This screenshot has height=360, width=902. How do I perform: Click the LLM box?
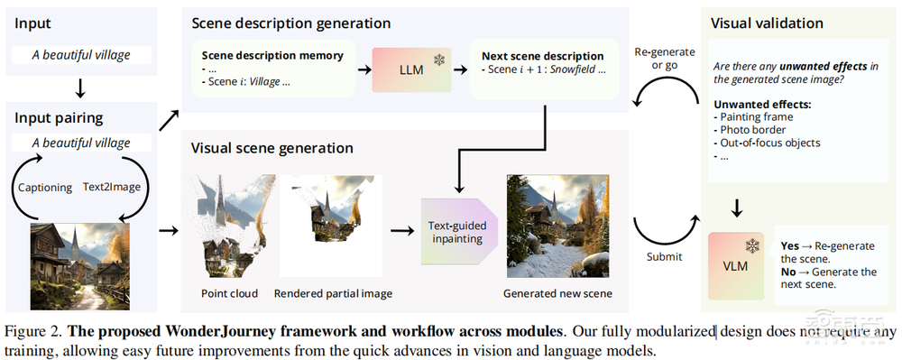click(x=411, y=70)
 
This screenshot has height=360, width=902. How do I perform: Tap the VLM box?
click(x=736, y=265)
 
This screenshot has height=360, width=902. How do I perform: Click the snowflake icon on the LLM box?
click(x=439, y=60)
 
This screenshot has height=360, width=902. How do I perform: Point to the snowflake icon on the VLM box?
click(x=752, y=246)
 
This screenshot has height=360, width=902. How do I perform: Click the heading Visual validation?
click(x=767, y=23)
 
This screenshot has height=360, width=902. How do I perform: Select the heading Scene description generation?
click(x=291, y=23)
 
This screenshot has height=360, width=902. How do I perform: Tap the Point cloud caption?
click(x=228, y=293)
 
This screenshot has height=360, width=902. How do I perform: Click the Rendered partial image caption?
click(x=333, y=293)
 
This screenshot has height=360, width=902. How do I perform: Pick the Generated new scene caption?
click(x=557, y=293)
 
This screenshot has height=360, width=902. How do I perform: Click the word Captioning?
click(x=45, y=188)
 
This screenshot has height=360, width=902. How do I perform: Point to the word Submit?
click(x=664, y=256)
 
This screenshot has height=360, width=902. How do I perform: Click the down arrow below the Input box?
click(x=80, y=88)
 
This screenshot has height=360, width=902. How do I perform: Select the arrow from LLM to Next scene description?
click(x=459, y=69)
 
